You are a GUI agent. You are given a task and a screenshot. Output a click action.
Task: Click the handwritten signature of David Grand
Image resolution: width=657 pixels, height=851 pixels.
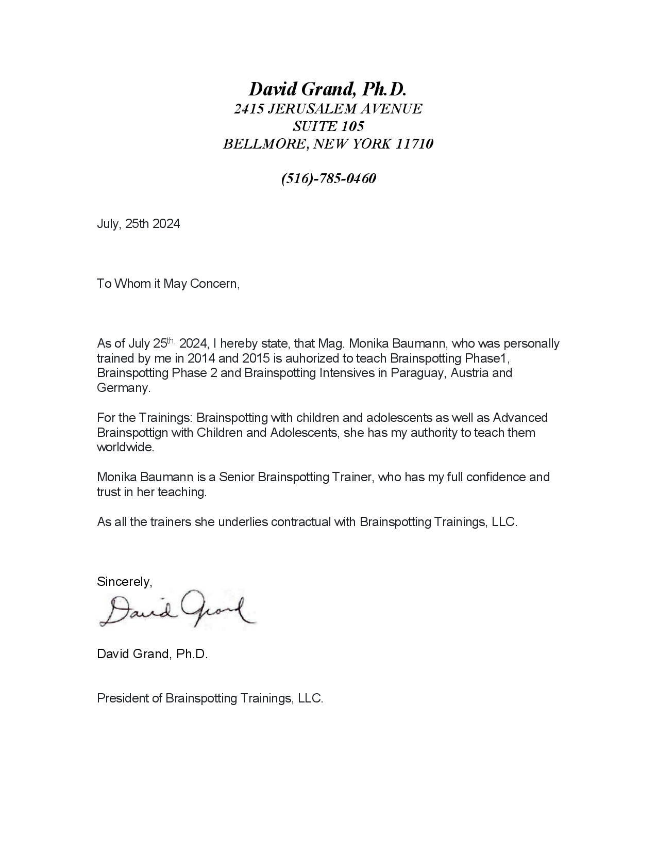pyautogui.click(x=175, y=610)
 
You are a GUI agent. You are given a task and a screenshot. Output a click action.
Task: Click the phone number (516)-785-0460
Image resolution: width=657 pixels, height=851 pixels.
pyautogui.click(x=328, y=178)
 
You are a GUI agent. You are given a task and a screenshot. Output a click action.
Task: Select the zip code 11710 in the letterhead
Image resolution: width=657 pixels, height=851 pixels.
pyautogui.click(x=414, y=144)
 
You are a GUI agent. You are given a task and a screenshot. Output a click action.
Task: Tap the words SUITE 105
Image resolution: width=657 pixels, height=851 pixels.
pyautogui.click(x=328, y=126)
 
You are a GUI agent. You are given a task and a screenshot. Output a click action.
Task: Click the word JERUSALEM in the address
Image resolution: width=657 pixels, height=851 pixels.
pyautogui.click(x=311, y=109)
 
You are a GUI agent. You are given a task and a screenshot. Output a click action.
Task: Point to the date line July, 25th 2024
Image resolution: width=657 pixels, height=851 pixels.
pyautogui.click(x=138, y=224)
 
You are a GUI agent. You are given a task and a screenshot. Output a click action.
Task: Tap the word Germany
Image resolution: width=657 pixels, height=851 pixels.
pyautogui.click(x=123, y=388)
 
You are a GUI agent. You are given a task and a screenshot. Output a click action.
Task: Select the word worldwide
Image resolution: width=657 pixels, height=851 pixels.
pyautogui.click(x=125, y=447)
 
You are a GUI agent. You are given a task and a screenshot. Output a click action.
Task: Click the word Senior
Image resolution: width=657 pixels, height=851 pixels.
pyautogui.click(x=236, y=477)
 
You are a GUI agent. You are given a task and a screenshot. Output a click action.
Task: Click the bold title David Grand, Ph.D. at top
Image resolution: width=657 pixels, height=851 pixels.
pyautogui.click(x=328, y=89)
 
